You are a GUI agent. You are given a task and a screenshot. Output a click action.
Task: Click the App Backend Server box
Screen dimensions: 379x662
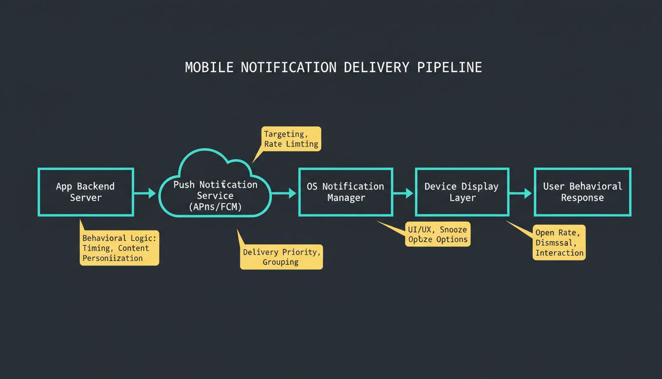[85, 192]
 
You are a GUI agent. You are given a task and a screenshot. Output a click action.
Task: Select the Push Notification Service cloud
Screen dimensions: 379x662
[215, 192]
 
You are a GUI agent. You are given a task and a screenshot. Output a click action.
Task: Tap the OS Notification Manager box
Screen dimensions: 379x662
[345, 192]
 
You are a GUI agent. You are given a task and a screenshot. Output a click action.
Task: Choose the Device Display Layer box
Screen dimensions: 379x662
[462, 192]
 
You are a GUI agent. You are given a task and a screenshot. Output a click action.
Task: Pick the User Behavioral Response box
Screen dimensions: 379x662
[582, 192]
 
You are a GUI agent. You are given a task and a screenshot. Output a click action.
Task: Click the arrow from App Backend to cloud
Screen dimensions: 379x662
[145, 193]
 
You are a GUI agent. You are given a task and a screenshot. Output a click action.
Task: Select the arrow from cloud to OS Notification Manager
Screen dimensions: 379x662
[284, 193]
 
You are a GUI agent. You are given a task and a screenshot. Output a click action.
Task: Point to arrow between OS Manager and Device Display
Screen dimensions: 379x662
[403, 193]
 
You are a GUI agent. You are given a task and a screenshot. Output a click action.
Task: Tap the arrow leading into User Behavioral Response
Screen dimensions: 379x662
[521, 193]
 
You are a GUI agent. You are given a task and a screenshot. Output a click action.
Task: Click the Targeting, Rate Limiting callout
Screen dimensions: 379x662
[291, 139]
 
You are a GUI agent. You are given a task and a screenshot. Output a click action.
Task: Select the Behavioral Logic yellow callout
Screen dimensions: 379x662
[119, 248]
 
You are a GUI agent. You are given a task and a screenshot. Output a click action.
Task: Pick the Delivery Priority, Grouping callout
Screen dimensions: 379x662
[281, 257]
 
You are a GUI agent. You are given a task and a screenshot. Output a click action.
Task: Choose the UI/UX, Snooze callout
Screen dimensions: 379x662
[437, 234]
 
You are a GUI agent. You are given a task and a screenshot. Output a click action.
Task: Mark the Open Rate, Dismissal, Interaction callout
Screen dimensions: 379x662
[560, 242]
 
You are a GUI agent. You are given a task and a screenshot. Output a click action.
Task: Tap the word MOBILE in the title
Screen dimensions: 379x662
[209, 68]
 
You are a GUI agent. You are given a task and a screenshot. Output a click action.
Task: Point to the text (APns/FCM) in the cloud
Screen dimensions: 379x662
[215, 207]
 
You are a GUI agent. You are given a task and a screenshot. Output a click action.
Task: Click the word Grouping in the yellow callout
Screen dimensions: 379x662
[280, 262]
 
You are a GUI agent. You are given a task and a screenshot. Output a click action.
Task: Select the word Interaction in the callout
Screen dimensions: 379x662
[560, 253]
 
